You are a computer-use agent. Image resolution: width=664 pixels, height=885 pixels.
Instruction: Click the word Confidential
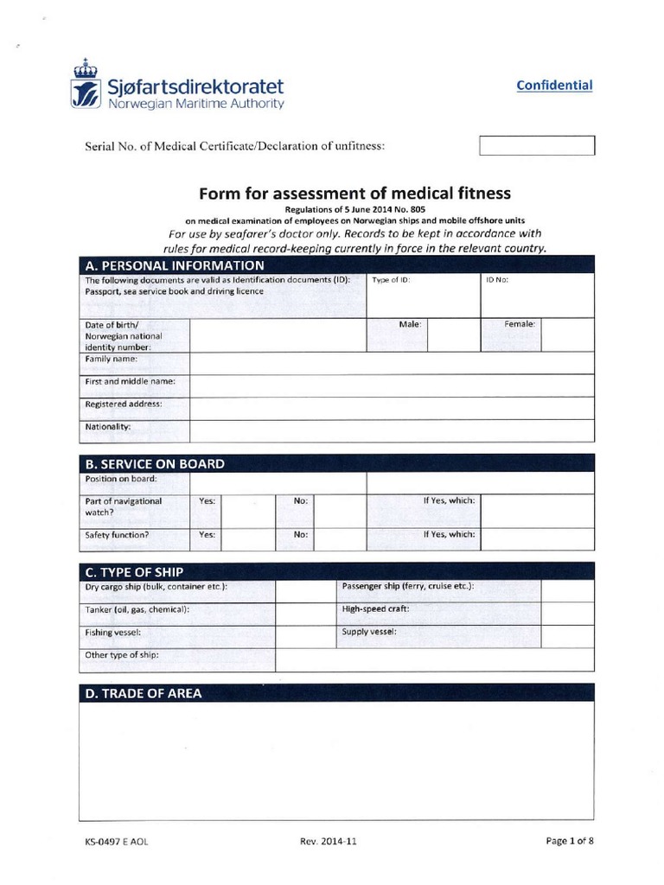(x=554, y=85)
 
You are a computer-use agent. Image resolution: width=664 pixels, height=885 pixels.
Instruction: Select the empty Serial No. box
(x=537, y=145)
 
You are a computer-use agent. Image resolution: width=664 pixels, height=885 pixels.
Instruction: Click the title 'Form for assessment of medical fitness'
(x=355, y=193)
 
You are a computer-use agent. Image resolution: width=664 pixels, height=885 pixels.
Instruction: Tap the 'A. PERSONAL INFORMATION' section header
(x=176, y=265)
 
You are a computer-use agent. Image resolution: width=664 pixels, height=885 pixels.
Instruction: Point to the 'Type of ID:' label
(x=391, y=281)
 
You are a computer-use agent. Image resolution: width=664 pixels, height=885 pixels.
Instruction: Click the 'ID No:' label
(x=497, y=281)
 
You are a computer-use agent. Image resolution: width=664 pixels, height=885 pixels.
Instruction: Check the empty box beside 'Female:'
(x=567, y=334)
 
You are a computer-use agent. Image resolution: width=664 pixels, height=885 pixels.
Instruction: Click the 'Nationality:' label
(x=108, y=427)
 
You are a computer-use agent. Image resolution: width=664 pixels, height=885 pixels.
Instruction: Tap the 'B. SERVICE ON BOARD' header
(x=155, y=463)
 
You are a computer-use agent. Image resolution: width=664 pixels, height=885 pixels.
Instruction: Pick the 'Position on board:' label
(x=120, y=479)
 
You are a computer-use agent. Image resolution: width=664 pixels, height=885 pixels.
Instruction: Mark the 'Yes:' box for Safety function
(x=246, y=538)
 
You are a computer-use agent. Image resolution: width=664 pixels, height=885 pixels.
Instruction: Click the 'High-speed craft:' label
(x=375, y=608)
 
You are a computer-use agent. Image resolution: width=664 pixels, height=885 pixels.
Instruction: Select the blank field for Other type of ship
(x=434, y=659)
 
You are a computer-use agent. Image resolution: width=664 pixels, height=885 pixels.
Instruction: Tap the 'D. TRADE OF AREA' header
(x=144, y=693)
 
